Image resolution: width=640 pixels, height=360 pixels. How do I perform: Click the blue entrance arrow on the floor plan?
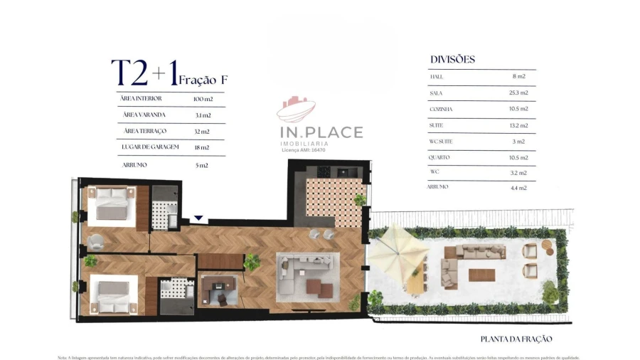pos(199,218)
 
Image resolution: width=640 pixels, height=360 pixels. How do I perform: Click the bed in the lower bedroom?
pos(111,295)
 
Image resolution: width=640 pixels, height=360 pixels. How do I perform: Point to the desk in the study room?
pos(215,288)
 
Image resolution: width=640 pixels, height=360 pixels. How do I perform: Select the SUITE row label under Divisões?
pos(437,125)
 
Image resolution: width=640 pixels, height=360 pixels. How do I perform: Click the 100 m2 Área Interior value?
pos(203,98)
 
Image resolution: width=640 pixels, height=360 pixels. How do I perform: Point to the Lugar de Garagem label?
pos(150,147)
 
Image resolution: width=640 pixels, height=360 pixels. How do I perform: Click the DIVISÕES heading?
pos(452,60)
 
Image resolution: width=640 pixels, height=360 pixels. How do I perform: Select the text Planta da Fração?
pos(516,339)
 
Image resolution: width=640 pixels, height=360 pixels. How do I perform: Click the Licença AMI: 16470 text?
pos(304,150)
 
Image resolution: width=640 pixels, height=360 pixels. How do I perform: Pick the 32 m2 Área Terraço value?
pos(201,131)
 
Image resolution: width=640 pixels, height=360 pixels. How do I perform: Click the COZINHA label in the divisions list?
pos(441,109)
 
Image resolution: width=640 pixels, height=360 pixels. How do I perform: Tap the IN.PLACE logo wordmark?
pos(320,132)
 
